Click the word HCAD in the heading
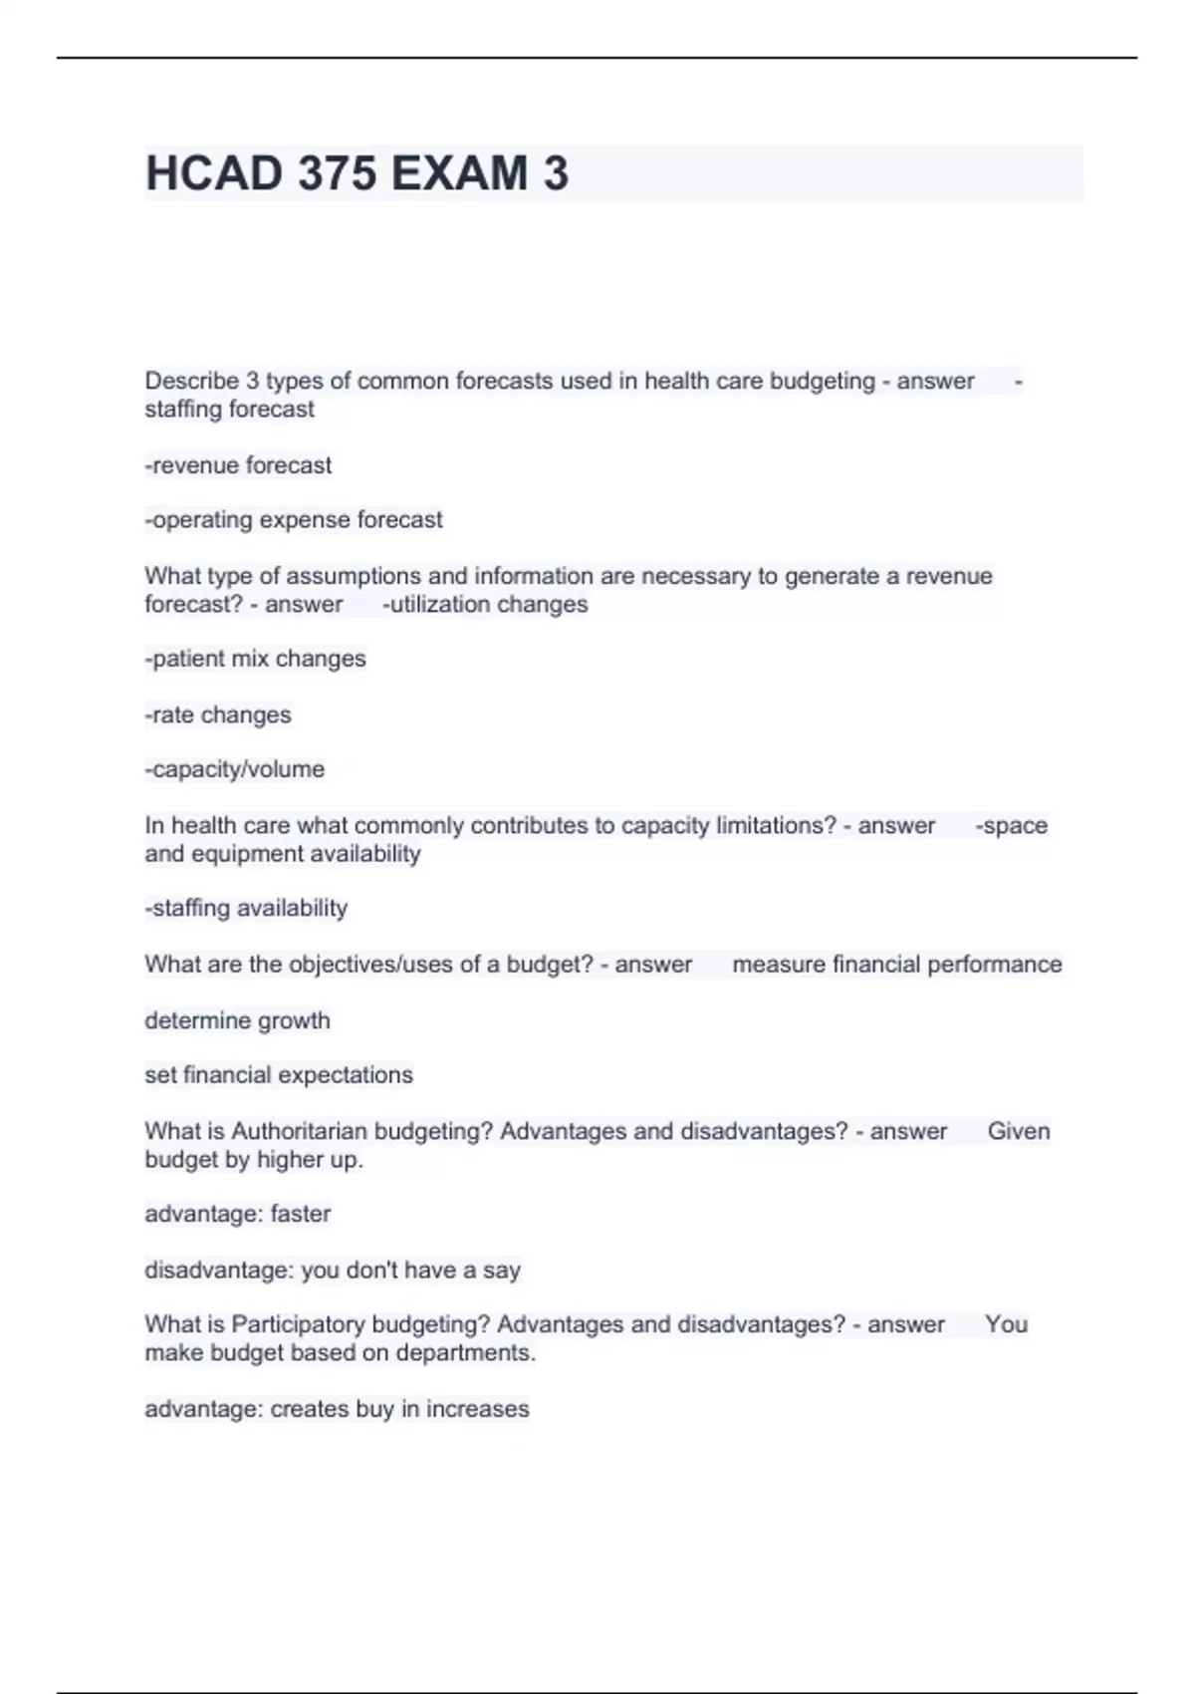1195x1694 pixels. click(214, 173)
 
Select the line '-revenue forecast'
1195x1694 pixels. click(238, 465)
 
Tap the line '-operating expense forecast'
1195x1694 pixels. click(294, 520)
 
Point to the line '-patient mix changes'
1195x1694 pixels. click(255, 659)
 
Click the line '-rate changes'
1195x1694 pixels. click(218, 714)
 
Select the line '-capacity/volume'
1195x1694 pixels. click(235, 769)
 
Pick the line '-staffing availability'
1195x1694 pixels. click(246, 908)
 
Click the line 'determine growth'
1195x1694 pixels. click(237, 1020)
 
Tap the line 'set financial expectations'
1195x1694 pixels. click(279, 1075)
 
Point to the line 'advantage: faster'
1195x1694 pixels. click(237, 1214)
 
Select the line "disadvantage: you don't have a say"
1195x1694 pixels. click(333, 1270)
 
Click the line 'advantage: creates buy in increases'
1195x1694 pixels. click(337, 1409)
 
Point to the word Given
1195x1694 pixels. click(1019, 1132)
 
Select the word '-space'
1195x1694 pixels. click(1012, 826)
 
